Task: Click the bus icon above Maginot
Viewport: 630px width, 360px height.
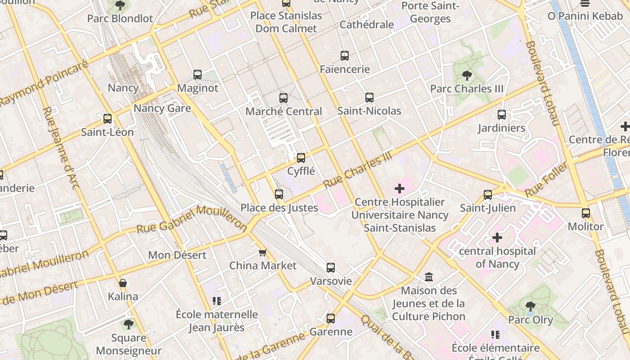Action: (x=198, y=75)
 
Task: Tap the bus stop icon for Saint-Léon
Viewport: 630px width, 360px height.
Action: (x=108, y=119)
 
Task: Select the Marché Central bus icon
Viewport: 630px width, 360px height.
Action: (x=283, y=98)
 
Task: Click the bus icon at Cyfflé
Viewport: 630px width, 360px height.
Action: (x=301, y=158)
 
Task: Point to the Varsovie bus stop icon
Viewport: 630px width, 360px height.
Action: (x=331, y=268)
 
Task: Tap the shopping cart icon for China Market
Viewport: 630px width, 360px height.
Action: (x=263, y=252)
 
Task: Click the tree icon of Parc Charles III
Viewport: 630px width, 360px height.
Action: (x=467, y=76)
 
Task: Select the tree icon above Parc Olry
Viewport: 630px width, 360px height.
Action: (x=531, y=306)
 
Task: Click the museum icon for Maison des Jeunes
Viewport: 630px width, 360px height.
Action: (x=429, y=277)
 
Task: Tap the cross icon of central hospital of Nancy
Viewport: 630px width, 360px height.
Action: (x=497, y=238)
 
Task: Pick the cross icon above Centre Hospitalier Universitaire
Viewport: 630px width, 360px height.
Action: (x=400, y=189)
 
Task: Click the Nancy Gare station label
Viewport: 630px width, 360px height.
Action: (x=162, y=108)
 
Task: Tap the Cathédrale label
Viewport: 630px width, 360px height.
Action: (x=367, y=24)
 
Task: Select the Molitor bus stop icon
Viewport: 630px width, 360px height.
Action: (x=585, y=213)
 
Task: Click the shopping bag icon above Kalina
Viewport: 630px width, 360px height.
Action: (x=123, y=283)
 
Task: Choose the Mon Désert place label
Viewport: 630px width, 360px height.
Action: (x=177, y=255)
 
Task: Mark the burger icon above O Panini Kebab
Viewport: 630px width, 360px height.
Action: (x=585, y=3)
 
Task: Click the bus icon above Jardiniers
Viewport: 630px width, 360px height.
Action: (x=502, y=115)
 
